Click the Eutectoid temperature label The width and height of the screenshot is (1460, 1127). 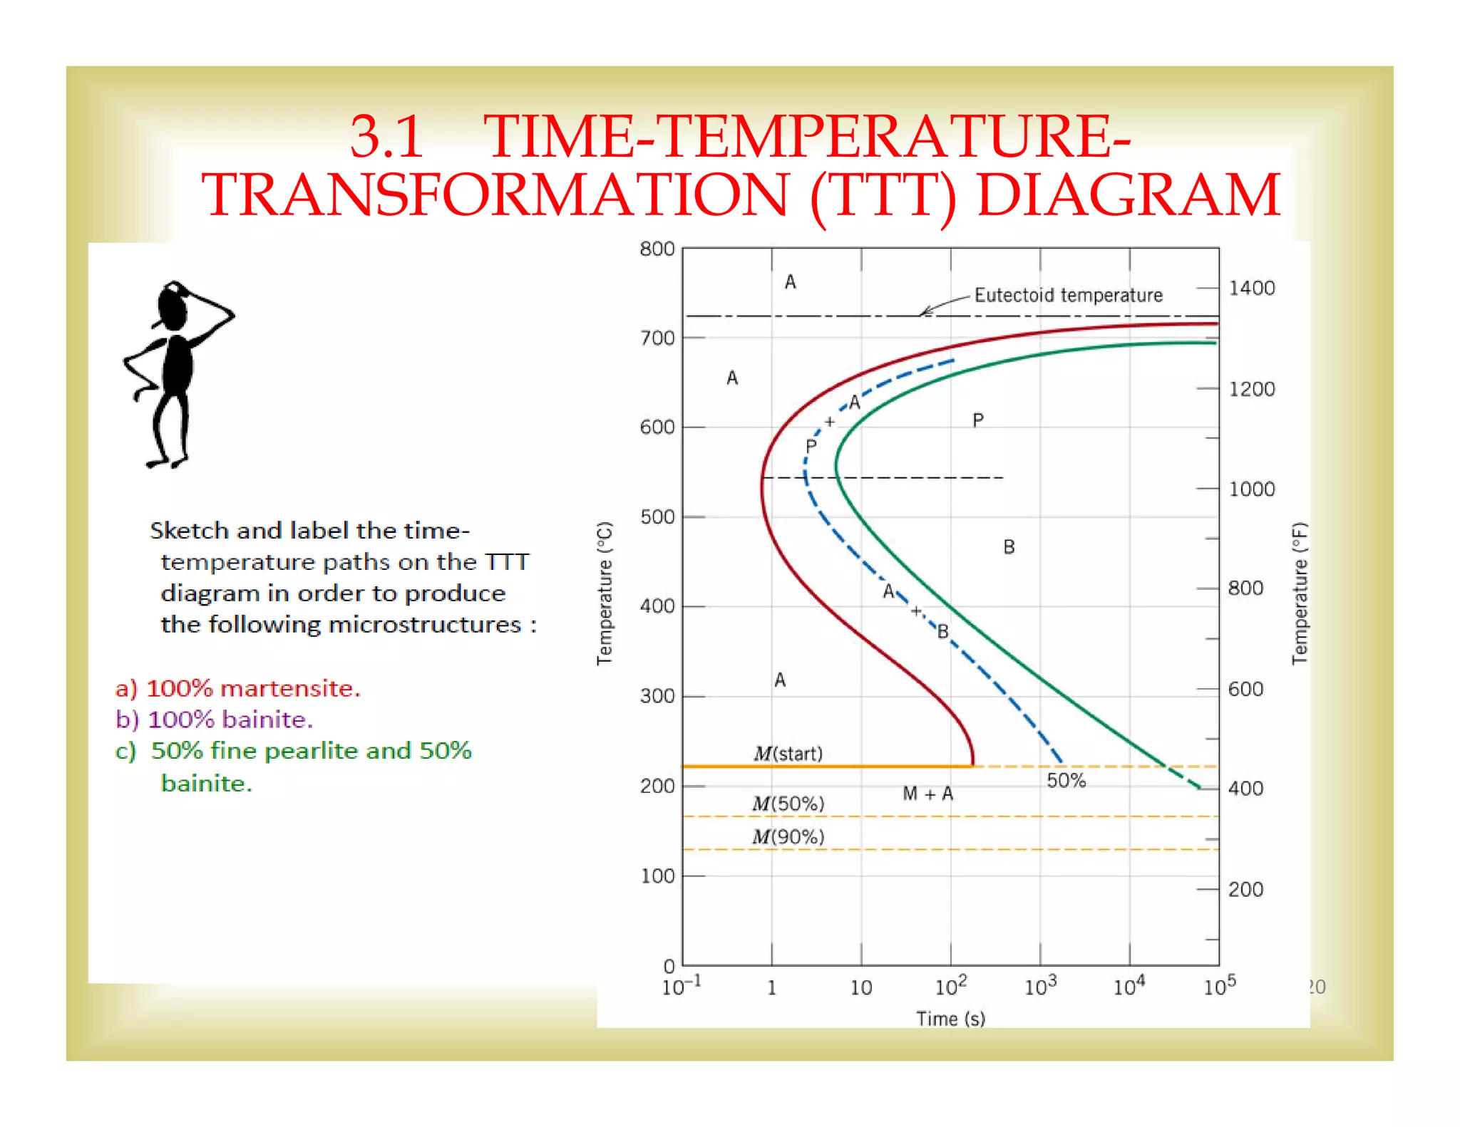(1068, 295)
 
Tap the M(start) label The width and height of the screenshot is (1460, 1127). (788, 753)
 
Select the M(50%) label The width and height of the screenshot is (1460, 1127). (788, 804)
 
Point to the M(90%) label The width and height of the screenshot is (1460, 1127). (788, 836)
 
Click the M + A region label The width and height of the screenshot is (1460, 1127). (927, 793)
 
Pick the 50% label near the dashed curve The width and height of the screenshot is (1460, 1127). (1066, 780)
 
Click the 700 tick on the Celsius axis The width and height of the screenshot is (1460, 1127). (657, 338)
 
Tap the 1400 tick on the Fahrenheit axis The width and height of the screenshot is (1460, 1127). (1252, 288)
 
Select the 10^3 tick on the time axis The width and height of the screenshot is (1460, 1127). (1040, 987)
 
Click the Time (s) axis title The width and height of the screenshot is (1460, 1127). (950, 1019)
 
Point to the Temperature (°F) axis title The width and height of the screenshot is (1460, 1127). (1300, 593)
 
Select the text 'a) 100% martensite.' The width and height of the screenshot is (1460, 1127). (237, 688)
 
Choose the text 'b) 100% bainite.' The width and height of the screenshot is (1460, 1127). (214, 720)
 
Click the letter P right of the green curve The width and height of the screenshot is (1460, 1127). (978, 420)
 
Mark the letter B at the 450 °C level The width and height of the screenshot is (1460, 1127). (1009, 546)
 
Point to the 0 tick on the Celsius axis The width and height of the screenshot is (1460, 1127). (669, 966)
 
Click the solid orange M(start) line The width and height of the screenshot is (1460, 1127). (827, 766)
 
